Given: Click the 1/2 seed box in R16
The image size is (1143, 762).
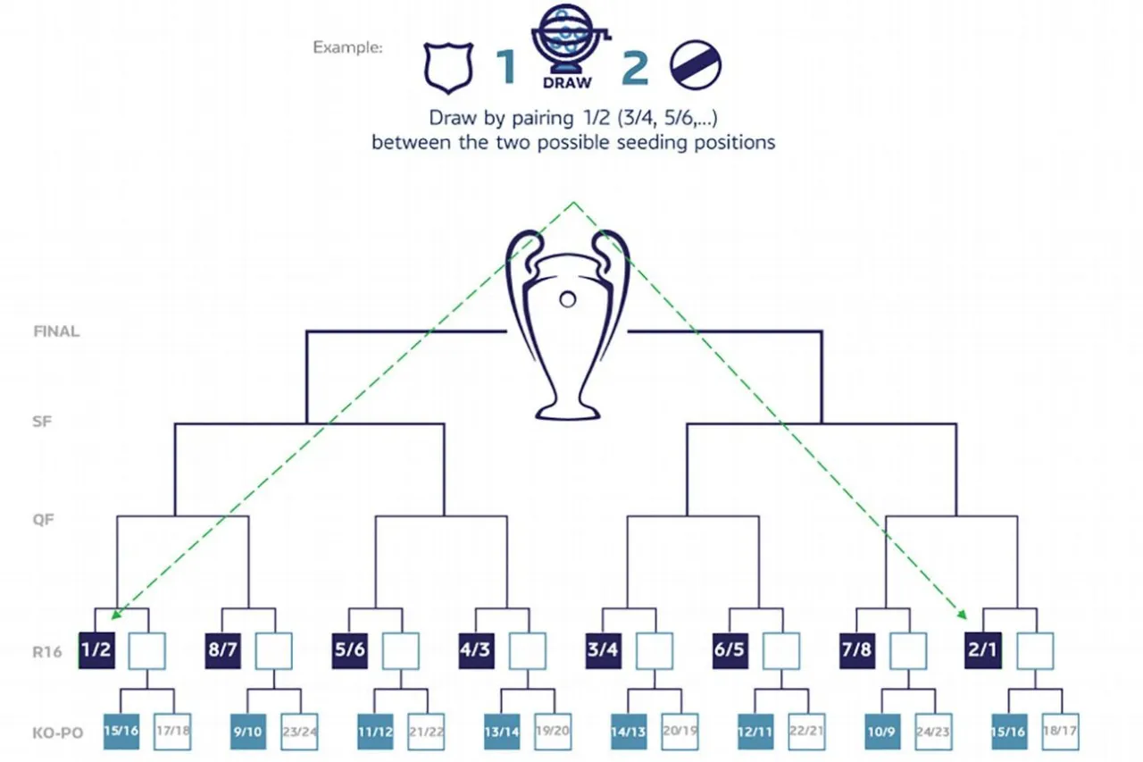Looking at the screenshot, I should click(x=96, y=649).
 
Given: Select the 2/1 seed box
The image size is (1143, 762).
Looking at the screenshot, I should click(x=983, y=649).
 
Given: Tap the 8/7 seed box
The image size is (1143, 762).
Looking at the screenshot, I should click(x=222, y=649).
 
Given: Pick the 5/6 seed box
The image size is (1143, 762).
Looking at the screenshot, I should click(x=349, y=649).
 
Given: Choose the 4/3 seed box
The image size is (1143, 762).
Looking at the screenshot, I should click(x=476, y=649).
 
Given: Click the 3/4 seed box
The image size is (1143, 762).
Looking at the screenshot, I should click(x=603, y=649).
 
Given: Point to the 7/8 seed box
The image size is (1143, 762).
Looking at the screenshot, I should click(x=856, y=649).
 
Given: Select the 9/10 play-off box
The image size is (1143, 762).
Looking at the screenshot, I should click(x=249, y=732).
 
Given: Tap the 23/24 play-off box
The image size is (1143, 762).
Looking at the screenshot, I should click(x=299, y=732).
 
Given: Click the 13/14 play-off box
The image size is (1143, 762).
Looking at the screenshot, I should click(x=503, y=732).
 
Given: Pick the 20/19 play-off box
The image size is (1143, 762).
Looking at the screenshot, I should click(x=680, y=732).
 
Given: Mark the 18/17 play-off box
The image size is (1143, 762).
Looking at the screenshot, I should click(x=1060, y=732).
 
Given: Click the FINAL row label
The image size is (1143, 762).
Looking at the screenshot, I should click(x=56, y=331).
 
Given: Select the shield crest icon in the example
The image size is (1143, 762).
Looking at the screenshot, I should click(x=447, y=68).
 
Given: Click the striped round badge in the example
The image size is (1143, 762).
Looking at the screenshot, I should click(x=696, y=66).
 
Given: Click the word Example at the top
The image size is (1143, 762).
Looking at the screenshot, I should click(x=347, y=47).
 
